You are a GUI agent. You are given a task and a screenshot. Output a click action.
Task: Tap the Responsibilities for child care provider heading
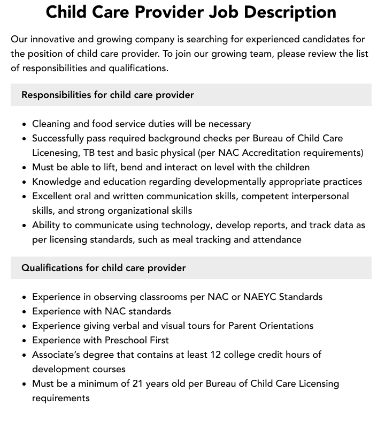pos(107,95)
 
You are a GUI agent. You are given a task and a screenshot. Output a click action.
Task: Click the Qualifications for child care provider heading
pos(103,268)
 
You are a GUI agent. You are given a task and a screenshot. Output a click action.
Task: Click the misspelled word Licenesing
pos(58,153)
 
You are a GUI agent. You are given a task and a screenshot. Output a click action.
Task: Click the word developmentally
pos(230,182)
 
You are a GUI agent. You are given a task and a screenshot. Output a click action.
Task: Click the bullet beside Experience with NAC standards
pos(25,312)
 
